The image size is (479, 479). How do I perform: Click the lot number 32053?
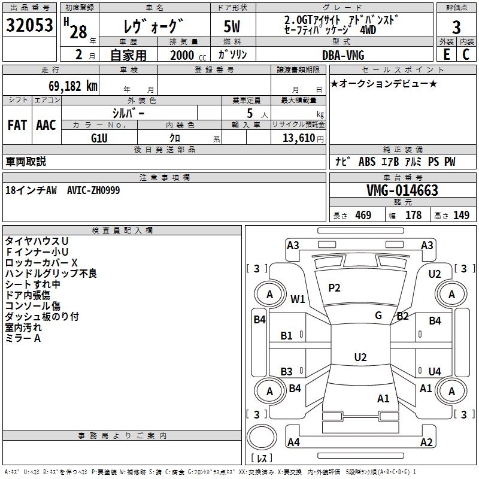pos(29,25)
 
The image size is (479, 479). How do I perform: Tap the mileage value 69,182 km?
pos(73,86)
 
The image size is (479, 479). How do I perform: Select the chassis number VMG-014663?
pos(402,190)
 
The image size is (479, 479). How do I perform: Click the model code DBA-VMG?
pos(343,55)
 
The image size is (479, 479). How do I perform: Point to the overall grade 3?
pos(456,27)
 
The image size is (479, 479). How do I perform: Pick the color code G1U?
pos(99,138)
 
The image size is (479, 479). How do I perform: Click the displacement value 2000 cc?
pos(188,55)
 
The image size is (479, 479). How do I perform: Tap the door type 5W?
pos(232,26)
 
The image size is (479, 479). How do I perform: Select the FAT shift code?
pos(17,125)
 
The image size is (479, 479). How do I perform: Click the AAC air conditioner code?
pos(46,125)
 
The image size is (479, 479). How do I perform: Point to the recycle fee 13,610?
pos(298,138)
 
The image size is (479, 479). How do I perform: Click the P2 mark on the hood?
pos(334,288)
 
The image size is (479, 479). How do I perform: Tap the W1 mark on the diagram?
pos(298,299)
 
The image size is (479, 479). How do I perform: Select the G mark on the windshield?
pos(378,316)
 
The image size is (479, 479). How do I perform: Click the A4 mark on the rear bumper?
pos(293,442)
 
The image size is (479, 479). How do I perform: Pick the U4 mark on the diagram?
pos(435,371)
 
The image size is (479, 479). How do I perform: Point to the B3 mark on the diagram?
pos(287,371)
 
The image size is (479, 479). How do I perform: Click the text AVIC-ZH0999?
pos(93,190)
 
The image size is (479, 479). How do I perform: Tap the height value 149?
pos(461,215)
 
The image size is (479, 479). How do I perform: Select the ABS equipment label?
pos(367,162)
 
